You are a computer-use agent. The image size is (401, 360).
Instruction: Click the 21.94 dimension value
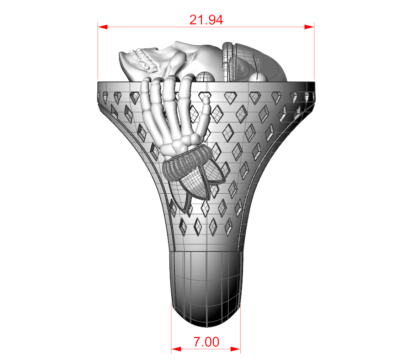point(206,20)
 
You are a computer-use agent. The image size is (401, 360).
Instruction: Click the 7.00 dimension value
point(206,342)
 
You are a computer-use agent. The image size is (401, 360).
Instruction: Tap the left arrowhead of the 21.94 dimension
point(103,27)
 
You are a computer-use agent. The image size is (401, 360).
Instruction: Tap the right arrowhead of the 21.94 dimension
point(309,27)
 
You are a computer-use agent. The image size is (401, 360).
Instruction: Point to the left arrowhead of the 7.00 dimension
point(176,349)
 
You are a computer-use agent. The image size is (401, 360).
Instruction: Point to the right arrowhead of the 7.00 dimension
point(235,349)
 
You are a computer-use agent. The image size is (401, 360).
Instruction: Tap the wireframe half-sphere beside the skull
point(205,77)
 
